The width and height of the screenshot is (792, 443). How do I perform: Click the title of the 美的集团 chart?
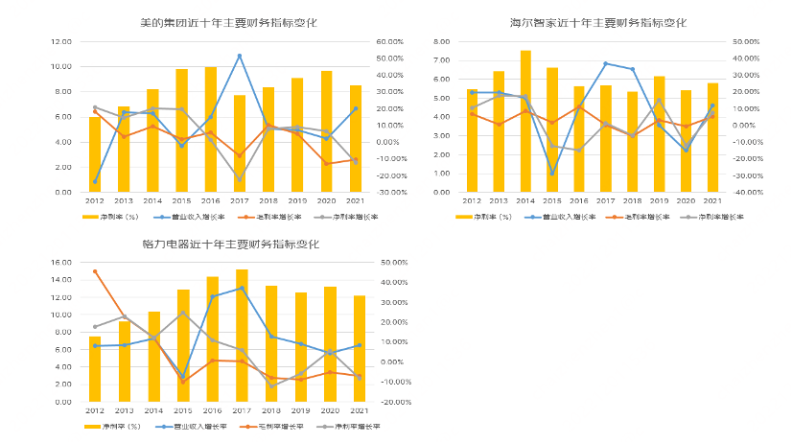[x=212, y=21]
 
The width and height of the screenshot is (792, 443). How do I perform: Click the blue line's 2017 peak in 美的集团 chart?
[x=240, y=56]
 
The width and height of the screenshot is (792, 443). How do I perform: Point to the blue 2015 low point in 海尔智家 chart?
[x=551, y=174]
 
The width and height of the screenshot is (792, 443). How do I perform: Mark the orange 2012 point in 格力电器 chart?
[x=95, y=271]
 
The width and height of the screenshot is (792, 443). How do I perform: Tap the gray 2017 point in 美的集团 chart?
[x=240, y=179]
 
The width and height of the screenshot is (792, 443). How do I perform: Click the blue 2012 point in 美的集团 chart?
[x=95, y=181]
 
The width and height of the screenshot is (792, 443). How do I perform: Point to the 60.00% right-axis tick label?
[x=390, y=42]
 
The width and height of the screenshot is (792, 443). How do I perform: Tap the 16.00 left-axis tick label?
[x=59, y=262]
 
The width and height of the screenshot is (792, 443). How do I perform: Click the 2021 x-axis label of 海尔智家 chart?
[x=711, y=202]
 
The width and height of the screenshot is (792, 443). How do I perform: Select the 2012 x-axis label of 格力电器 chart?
[x=95, y=412]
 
